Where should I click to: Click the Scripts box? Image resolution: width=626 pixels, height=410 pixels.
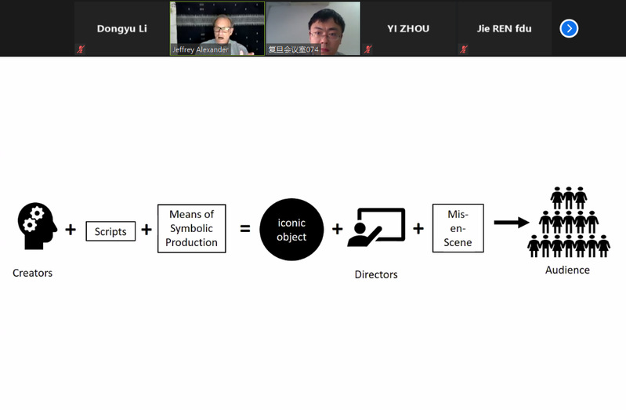tap(110, 231)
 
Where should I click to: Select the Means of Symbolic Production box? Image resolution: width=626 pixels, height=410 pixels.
tap(192, 228)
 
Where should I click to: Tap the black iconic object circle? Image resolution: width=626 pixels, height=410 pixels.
tap(291, 229)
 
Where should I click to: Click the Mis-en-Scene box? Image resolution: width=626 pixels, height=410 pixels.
tap(458, 228)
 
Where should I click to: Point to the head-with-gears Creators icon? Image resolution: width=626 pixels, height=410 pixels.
tap(36, 227)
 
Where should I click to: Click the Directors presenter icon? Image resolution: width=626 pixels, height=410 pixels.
tap(376, 227)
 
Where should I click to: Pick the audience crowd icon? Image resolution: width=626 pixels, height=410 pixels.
tap(568, 222)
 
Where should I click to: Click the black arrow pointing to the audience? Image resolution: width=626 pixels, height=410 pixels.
tap(512, 223)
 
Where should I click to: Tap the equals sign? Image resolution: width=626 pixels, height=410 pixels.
tap(244, 230)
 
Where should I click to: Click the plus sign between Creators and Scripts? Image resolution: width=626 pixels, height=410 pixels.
tap(71, 230)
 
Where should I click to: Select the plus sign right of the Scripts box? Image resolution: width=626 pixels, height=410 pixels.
tap(147, 230)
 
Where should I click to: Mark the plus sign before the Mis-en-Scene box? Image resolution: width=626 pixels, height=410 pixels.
tap(418, 229)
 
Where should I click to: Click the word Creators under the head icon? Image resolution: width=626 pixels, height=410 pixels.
tap(32, 274)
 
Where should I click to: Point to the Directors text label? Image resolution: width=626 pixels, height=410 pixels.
tap(376, 274)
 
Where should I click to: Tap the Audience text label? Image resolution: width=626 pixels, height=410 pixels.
tap(567, 270)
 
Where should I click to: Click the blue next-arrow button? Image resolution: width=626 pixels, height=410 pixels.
tap(569, 29)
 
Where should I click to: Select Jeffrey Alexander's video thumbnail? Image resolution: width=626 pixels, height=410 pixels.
tap(217, 28)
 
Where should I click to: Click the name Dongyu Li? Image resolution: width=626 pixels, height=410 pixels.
tap(121, 29)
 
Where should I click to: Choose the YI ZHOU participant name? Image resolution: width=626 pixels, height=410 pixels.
tap(408, 29)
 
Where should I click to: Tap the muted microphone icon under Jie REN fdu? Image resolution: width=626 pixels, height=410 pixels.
tap(464, 49)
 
